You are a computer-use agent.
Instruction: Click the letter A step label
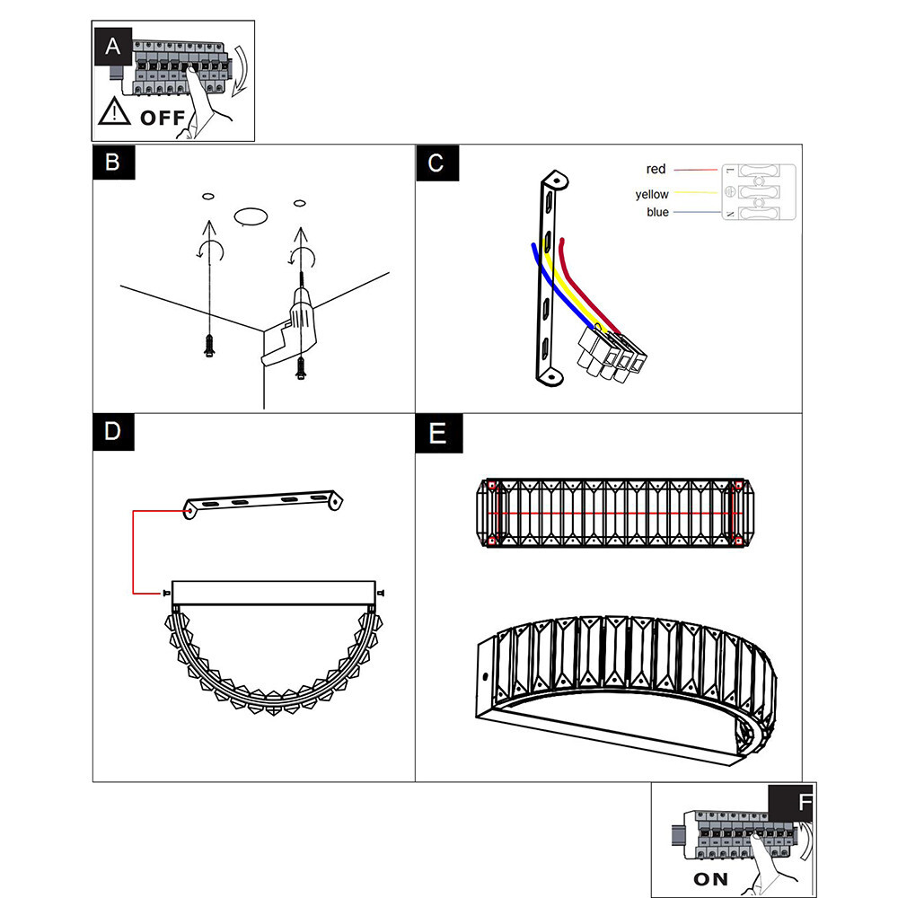[x=113, y=47]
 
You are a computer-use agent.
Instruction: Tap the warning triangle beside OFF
[x=115, y=111]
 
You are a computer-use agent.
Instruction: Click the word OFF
[x=163, y=118]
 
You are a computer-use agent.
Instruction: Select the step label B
[x=114, y=163]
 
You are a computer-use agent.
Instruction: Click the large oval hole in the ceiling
[x=251, y=216]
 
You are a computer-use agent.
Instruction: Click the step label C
[x=437, y=163]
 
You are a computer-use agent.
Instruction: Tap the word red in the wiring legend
[x=656, y=169]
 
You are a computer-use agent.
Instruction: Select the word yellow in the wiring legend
[x=652, y=195]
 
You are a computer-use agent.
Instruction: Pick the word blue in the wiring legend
[x=657, y=212]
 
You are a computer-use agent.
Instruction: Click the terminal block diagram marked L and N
[x=759, y=192]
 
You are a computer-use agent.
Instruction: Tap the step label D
[x=113, y=432]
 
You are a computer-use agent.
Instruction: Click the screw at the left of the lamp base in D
[x=166, y=594]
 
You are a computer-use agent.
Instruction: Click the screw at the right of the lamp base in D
[x=381, y=593]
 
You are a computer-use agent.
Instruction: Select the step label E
[x=439, y=434]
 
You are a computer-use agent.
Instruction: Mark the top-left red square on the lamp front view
[x=491, y=486]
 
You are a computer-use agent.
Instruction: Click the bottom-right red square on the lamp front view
[x=738, y=541]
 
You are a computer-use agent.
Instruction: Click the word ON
[x=710, y=879]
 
